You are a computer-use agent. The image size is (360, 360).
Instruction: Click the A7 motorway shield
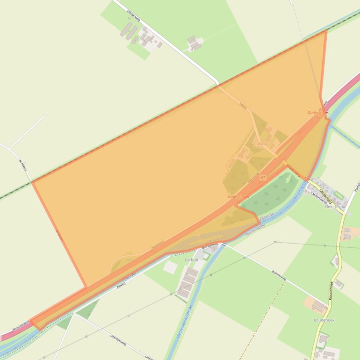point(263,178)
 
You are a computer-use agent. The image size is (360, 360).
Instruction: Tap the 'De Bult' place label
point(192,260)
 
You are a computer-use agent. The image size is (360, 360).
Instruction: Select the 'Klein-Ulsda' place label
point(335,206)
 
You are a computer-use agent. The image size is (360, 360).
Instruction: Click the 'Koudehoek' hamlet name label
point(324,320)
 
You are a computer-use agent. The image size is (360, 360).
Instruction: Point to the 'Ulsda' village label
point(261,144)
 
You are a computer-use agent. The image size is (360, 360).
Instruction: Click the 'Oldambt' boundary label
point(266,217)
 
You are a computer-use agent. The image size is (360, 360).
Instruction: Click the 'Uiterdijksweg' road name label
point(118,339)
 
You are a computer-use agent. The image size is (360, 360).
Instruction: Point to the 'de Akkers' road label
point(22,166)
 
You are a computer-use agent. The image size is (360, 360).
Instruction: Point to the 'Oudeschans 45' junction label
point(318,115)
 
